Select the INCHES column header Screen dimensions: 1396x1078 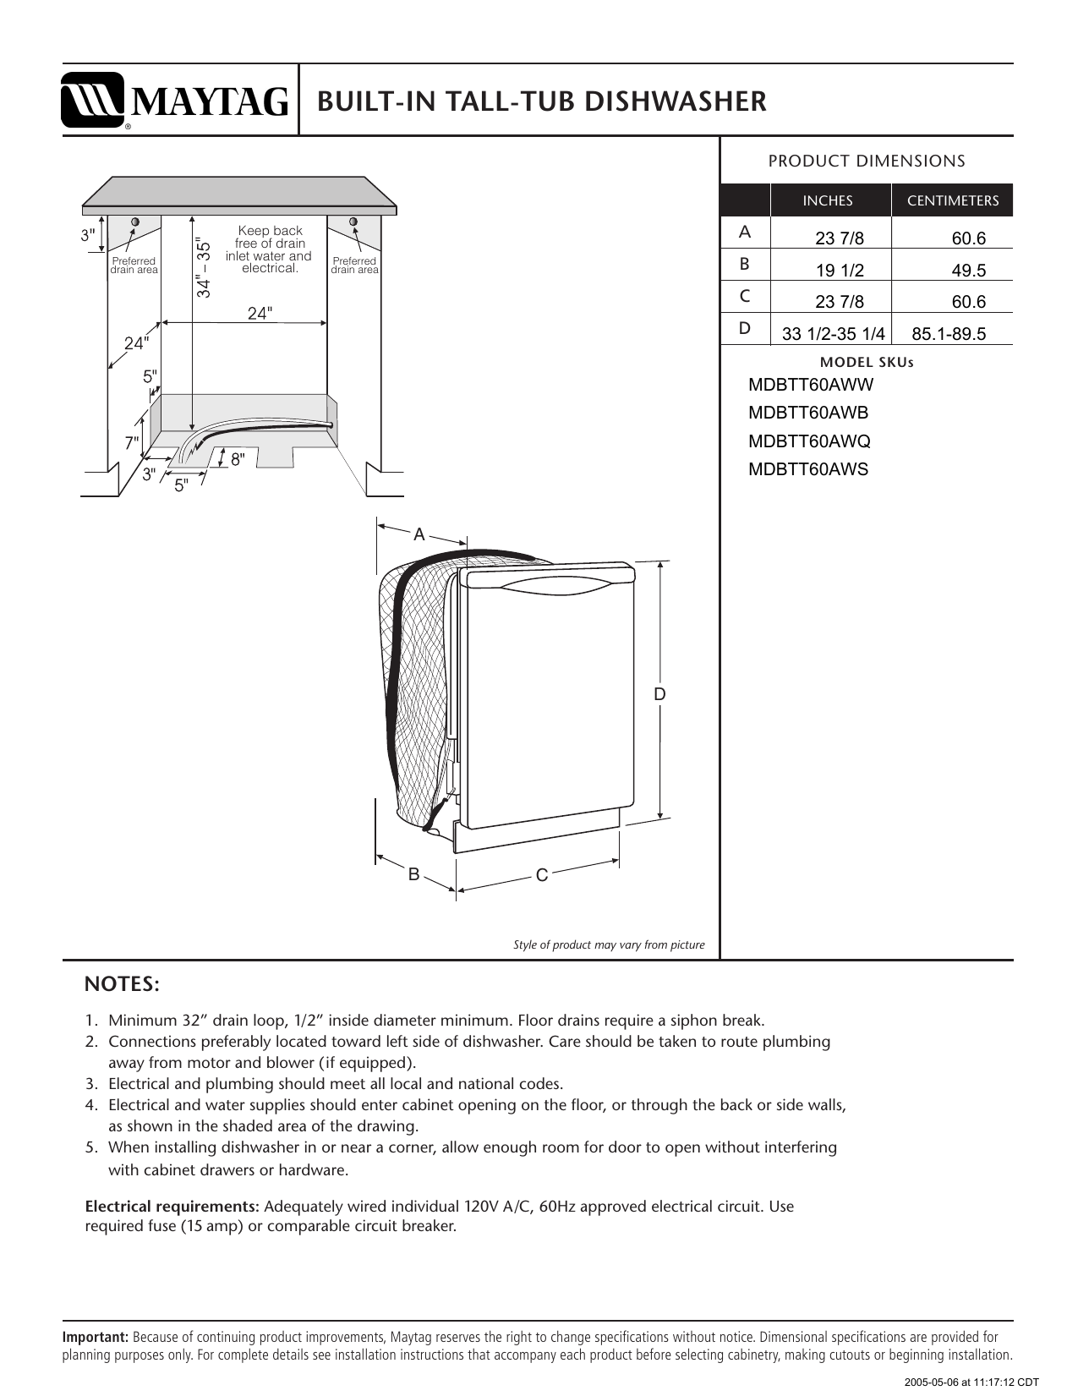tap(827, 201)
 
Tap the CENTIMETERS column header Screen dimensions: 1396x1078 tap(952, 201)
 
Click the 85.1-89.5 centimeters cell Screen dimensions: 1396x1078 tap(948, 334)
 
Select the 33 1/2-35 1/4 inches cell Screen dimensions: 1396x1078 tap(833, 334)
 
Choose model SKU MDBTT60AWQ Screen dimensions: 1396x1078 tap(809, 441)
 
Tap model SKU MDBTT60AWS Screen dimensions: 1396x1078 tap(808, 469)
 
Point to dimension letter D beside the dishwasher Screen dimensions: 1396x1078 tap(659, 694)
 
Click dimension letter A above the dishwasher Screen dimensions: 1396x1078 tap(419, 534)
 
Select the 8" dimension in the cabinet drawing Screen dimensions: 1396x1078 tap(238, 459)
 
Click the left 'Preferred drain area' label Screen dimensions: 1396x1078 tap(134, 266)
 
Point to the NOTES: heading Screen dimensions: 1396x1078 tap(122, 985)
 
